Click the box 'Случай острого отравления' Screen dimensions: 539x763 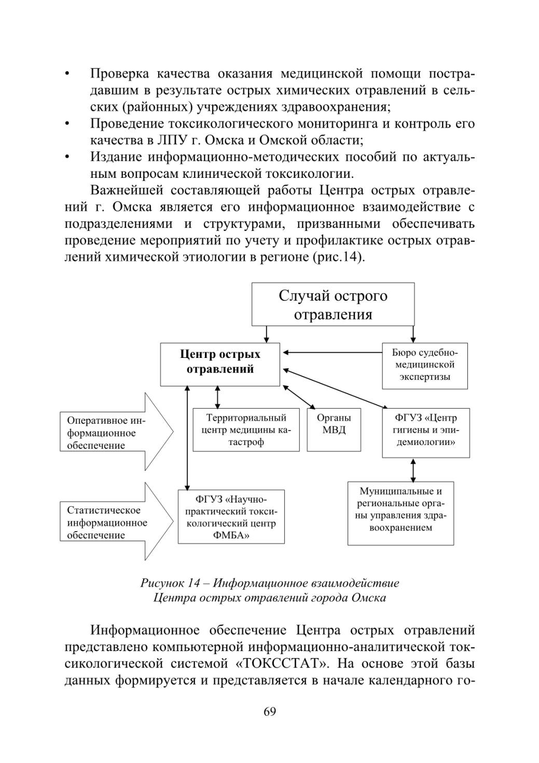click(333, 304)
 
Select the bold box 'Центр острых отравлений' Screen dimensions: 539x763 click(220, 364)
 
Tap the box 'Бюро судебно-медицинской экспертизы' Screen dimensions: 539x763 click(424, 366)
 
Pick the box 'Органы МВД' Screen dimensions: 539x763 click(334, 429)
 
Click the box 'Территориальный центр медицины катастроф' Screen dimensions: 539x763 click(246, 429)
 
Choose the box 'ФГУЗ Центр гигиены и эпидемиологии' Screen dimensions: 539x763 click(426, 433)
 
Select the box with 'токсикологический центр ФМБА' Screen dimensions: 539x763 click(231, 517)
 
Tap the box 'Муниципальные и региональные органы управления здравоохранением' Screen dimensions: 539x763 click(400, 513)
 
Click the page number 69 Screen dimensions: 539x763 click(270, 711)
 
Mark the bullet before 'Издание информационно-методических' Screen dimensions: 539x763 click(67, 157)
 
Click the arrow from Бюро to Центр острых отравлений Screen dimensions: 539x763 click(333, 353)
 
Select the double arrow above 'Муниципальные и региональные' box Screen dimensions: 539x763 click(413, 470)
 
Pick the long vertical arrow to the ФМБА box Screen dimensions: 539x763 click(187, 438)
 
